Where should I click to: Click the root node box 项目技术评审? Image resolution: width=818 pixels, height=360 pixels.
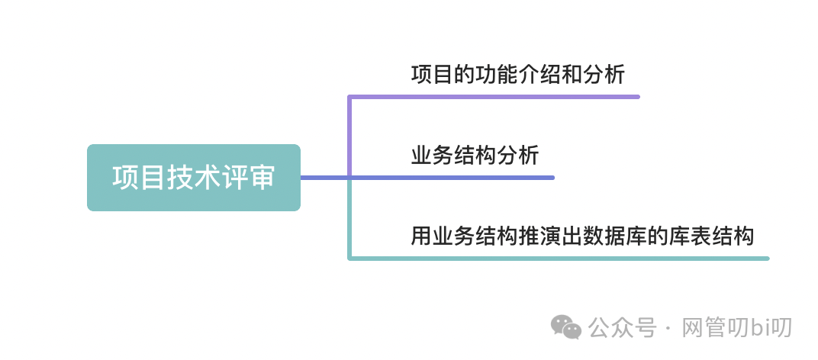[x=193, y=178]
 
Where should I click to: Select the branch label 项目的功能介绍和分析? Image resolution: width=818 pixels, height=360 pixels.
[x=517, y=76]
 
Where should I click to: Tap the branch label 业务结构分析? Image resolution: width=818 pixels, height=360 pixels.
[x=475, y=156]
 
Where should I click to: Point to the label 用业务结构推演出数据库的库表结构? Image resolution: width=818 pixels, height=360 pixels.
[x=582, y=236]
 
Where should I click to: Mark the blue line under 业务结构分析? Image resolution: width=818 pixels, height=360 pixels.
[x=458, y=178]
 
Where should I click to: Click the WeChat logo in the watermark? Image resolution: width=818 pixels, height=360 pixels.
[x=566, y=327]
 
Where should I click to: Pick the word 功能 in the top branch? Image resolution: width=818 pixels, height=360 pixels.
[x=475, y=76]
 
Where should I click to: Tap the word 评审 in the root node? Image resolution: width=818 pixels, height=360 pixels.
[x=248, y=178]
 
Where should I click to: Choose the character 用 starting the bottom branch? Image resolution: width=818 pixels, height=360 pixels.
[x=421, y=236]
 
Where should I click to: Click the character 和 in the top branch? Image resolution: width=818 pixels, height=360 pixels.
[x=571, y=76]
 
